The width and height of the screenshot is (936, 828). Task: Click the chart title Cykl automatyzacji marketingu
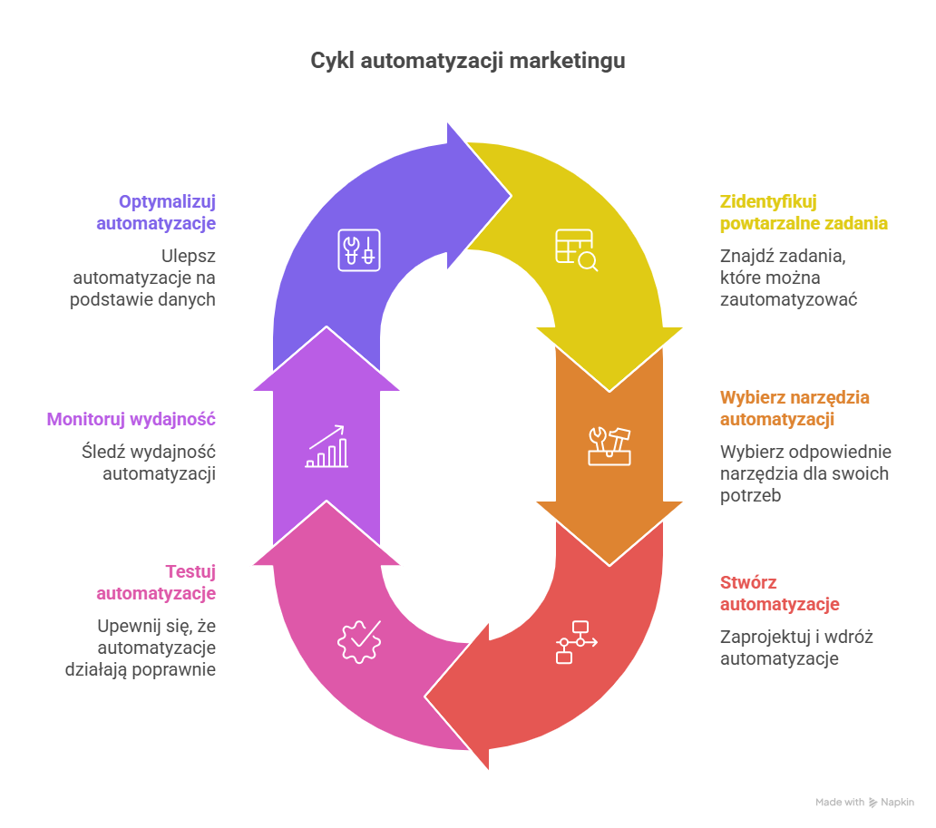click(467, 62)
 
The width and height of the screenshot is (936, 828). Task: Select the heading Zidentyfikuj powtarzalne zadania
click(804, 212)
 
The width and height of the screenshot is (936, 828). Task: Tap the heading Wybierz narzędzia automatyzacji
click(795, 408)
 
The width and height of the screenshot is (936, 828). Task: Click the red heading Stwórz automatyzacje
click(779, 593)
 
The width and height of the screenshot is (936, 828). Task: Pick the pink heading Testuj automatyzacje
click(156, 582)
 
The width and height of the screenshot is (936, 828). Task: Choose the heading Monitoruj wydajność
click(131, 419)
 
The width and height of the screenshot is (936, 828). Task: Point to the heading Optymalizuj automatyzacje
click(156, 212)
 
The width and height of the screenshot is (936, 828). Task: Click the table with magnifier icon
click(576, 249)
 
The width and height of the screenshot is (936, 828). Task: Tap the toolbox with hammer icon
click(609, 445)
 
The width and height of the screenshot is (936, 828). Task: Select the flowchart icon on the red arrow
click(576, 642)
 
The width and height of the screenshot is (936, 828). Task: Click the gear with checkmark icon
click(359, 640)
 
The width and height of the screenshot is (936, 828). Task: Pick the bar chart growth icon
click(327, 446)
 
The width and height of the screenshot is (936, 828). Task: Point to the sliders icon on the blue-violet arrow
click(359, 249)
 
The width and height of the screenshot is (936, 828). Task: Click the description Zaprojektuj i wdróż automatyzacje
click(795, 648)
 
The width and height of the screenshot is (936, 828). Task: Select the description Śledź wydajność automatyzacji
click(147, 462)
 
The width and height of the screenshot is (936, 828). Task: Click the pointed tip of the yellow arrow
click(609, 390)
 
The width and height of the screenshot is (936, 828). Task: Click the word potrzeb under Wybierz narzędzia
click(750, 495)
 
